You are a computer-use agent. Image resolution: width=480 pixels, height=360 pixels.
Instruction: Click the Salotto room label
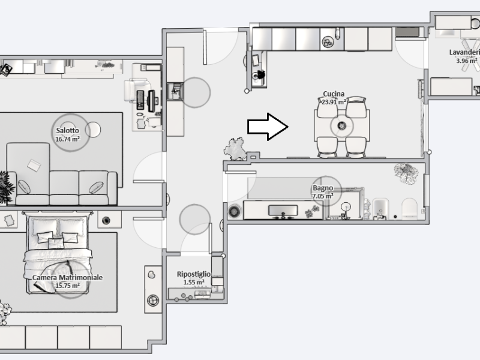(x=67, y=130)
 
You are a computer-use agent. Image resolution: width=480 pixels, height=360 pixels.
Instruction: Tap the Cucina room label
(x=334, y=94)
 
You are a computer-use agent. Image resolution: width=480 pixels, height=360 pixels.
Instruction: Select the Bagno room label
(x=323, y=188)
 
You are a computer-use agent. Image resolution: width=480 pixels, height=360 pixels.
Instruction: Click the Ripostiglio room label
(x=193, y=274)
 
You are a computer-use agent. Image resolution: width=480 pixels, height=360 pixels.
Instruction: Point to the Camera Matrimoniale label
(x=67, y=278)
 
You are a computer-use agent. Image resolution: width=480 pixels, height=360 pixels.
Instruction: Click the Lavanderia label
(x=464, y=52)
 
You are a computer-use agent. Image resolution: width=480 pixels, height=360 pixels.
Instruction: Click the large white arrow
(x=268, y=127)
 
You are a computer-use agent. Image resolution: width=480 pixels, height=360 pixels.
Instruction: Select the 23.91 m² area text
(x=334, y=101)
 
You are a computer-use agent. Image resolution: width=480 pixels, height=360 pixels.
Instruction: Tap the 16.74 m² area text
(x=67, y=139)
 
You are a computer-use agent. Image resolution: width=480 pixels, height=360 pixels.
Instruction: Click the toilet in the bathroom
(x=409, y=208)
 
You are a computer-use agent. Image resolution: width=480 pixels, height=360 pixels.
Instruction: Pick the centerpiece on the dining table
(x=342, y=125)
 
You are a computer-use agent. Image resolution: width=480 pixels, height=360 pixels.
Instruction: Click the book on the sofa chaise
(x=34, y=166)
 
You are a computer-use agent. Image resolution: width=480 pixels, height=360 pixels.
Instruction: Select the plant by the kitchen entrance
(x=235, y=149)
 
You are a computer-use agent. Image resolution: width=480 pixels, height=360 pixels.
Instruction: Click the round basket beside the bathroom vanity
(x=234, y=211)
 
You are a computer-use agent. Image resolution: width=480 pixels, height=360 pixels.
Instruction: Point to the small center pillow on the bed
(x=56, y=244)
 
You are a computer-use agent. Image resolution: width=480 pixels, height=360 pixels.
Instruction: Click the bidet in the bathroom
(x=380, y=209)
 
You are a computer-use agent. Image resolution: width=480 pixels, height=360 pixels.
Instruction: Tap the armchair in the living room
(x=137, y=90)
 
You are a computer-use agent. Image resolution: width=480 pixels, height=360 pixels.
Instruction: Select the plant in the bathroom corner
(x=406, y=173)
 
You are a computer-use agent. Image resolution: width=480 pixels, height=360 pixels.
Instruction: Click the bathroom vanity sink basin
(x=283, y=211)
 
